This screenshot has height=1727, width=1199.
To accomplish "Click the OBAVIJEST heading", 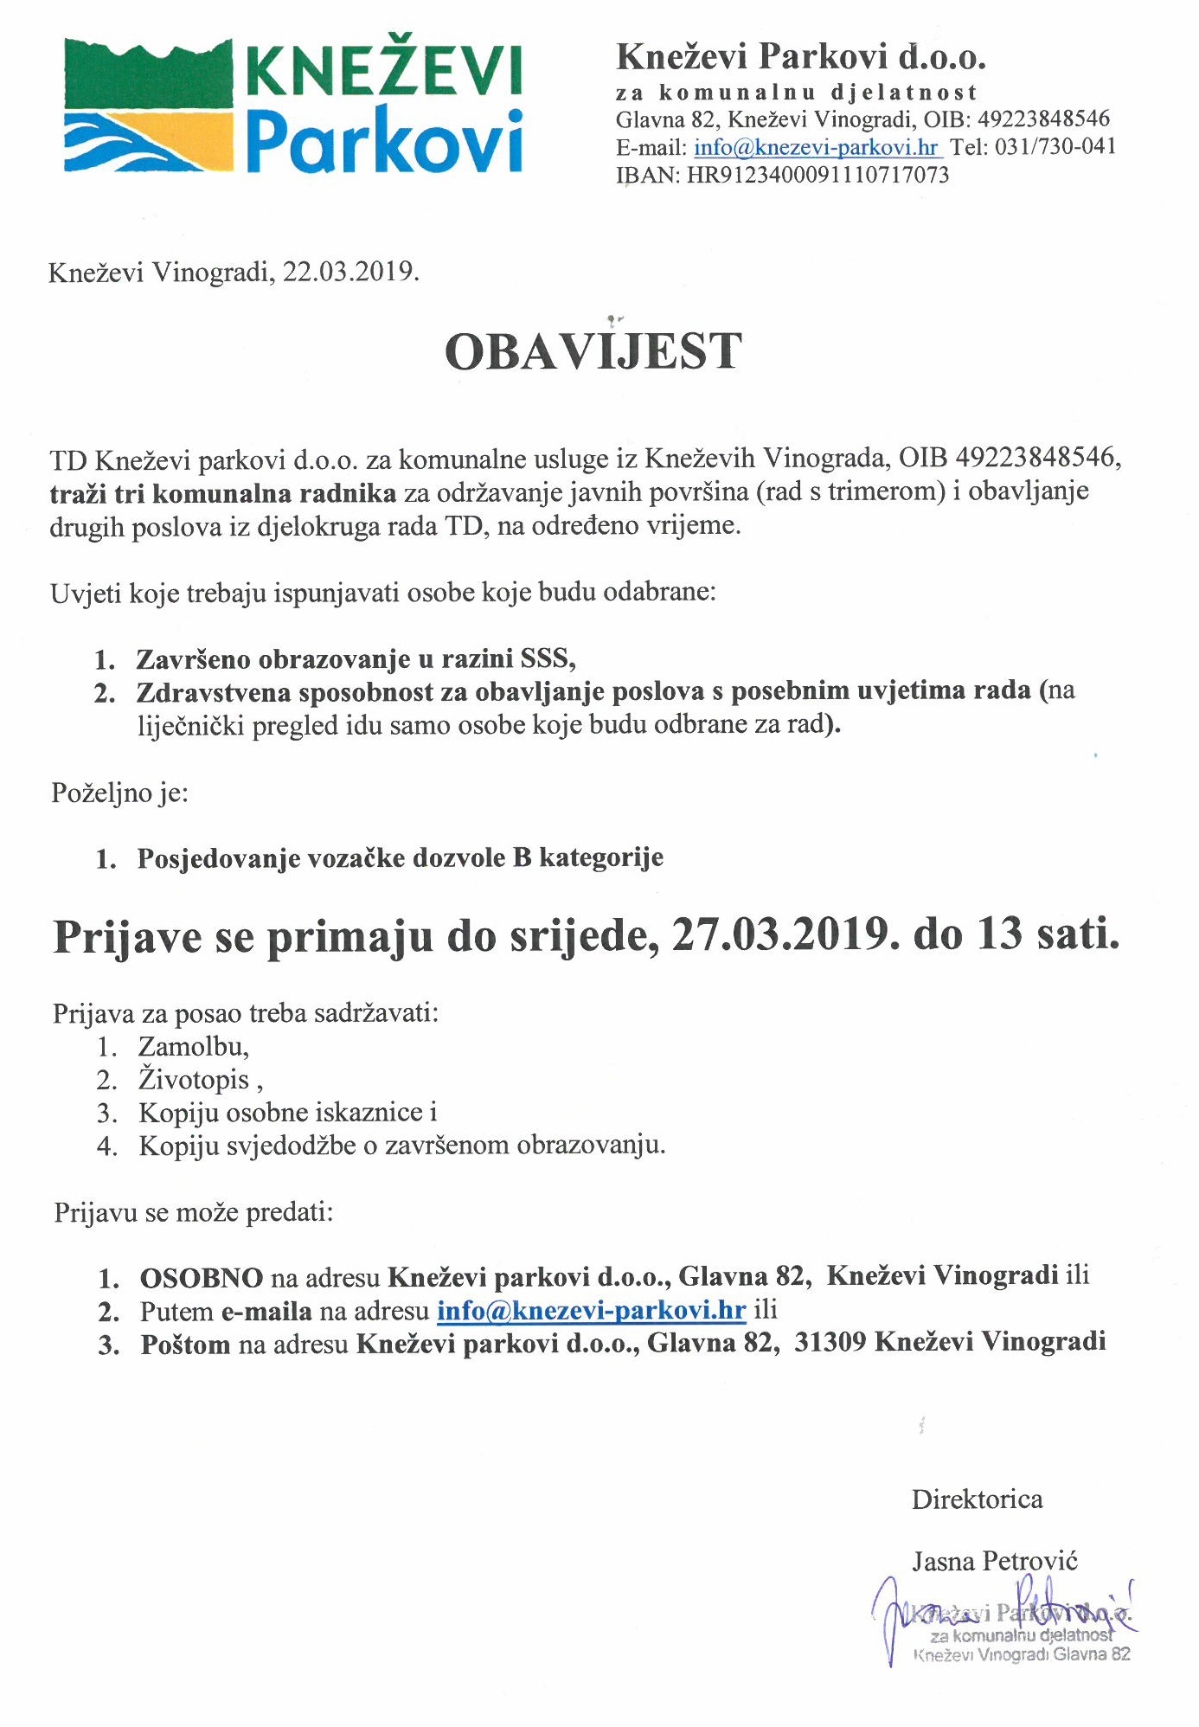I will click(593, 351).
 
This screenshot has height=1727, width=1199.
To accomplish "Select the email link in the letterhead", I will click(816, 147).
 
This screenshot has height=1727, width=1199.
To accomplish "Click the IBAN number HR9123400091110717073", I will click(817, 176).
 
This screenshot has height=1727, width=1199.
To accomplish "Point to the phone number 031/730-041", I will click(1055, 146).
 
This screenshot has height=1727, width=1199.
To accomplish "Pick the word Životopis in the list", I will click(195, 1080).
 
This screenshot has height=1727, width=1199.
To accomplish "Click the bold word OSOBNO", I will click(202, 1277).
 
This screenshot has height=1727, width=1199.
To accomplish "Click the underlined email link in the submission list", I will click(591, 1311).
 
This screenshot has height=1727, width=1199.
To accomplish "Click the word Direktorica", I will click(977, 1499).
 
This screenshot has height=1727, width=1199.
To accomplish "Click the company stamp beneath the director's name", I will click(1021, 1634).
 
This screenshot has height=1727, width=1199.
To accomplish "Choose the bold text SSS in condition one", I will click(547, 659).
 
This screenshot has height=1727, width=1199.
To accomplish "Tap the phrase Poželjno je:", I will click(119, 793).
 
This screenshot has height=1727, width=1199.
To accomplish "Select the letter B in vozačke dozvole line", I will click(521, 858).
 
